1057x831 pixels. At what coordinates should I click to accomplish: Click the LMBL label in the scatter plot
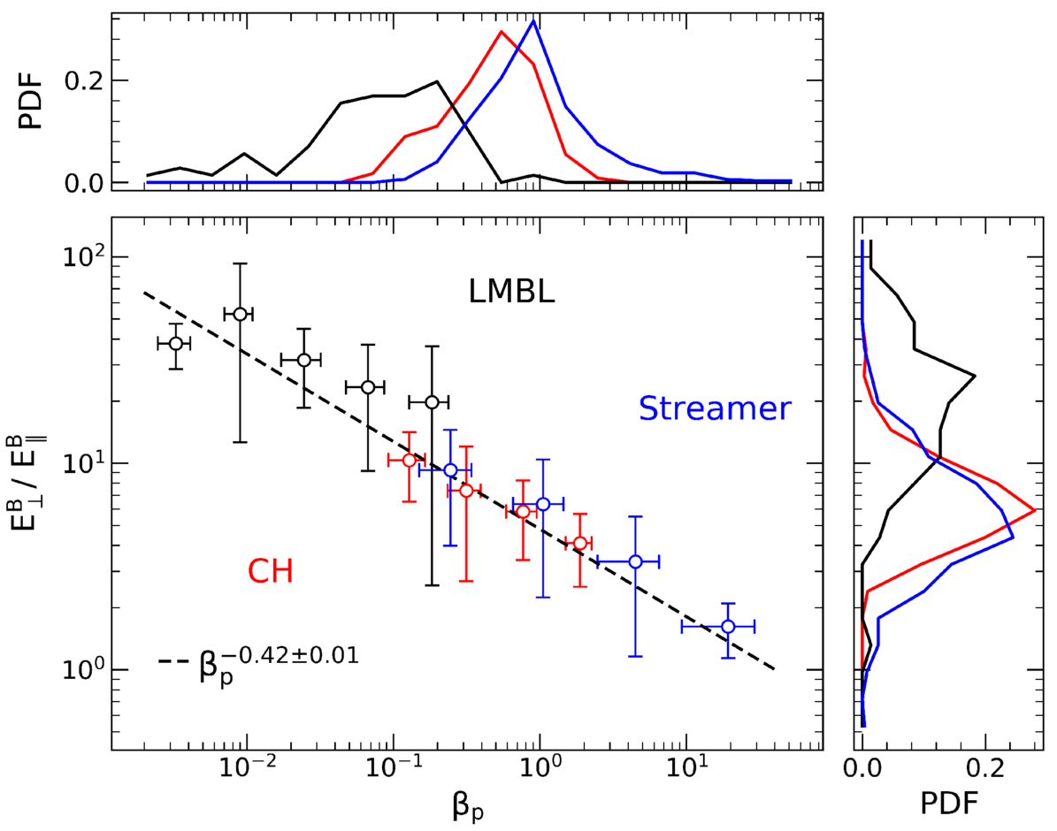(x=512, y=291)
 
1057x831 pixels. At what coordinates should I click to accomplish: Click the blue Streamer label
(x=714, y=408)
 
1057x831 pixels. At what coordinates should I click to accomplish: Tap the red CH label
(x=270, y=573)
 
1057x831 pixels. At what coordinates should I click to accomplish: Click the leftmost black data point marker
(x=176, y=343)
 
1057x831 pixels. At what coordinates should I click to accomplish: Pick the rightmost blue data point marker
(x=728, y=626)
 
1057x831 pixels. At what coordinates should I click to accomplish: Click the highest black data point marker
(x=241, y=314)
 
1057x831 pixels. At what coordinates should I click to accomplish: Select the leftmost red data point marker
(x=409, y=461)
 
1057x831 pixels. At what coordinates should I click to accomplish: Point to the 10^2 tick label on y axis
(x=80, y=256)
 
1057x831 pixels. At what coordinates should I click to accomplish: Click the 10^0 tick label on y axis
(x=80, y=669)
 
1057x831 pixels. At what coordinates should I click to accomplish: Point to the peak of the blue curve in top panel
(x=532, y=21)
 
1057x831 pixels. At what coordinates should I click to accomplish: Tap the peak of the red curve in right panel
(x=1034, y=511)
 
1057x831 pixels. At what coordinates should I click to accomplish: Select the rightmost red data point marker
(x=579, y=543)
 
